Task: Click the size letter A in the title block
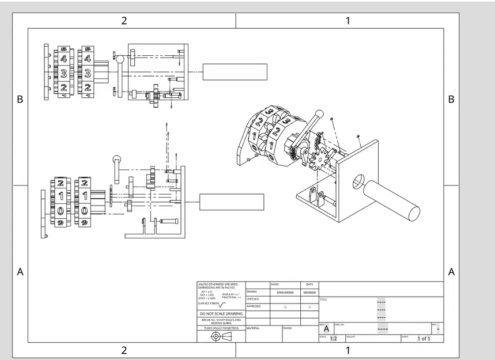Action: [326, 328]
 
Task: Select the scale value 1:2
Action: [333, 339]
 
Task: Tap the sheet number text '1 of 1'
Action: [424, 339]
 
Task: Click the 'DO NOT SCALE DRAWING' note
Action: [221, 313]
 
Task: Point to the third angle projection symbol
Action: [221, 336]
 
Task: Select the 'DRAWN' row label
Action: [252, 292]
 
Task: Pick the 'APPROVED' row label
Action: [254, 306]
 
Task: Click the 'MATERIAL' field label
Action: [253, 328]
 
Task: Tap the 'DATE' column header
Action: [309, 285]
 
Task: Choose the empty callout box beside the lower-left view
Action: [232, 202]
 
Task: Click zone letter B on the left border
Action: [20, 99]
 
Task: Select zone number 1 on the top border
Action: [347, 21]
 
